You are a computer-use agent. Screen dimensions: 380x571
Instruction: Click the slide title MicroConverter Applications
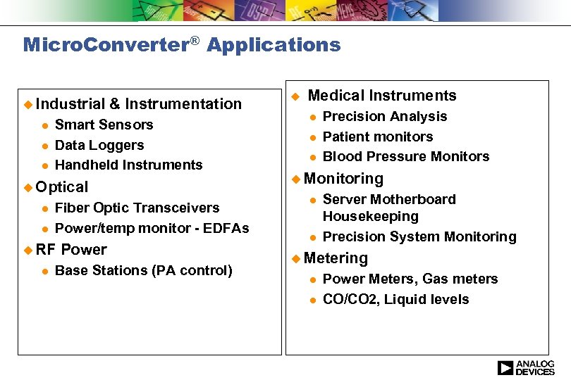[x=182, y=45]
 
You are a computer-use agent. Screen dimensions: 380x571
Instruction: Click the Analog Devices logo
[x=525, y=367]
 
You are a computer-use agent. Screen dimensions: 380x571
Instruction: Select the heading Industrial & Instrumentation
[x=138, y=104]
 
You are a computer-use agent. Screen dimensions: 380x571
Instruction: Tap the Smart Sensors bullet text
[x=104, y=125]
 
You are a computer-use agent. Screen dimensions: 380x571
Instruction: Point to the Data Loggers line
[x=99, y=145]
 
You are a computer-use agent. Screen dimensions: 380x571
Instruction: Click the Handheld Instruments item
[x=128, y=165]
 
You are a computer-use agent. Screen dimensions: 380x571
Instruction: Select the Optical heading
[x=61, y=186]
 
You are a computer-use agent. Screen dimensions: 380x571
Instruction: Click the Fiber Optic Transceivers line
[x=137, y=208]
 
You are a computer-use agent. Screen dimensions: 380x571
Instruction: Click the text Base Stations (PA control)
[x=143, y=270]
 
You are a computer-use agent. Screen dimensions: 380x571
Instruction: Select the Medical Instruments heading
[x=382, y=96]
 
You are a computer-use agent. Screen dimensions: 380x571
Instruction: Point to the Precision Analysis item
[x=384, y=116]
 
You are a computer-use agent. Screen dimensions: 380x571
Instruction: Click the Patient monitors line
[x=377, y=137]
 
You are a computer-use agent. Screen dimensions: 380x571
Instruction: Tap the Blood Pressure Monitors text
[x=405, y=156]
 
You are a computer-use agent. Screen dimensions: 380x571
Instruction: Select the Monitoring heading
[x=343, y=179]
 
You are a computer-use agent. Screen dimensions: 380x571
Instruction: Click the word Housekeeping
[x=370, y=216]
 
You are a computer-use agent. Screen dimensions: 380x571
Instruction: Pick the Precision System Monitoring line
[x=419, y=236]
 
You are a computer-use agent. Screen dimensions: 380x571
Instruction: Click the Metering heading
[x=336, y=258]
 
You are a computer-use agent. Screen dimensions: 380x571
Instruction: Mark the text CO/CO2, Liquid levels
[x=395, y=299]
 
